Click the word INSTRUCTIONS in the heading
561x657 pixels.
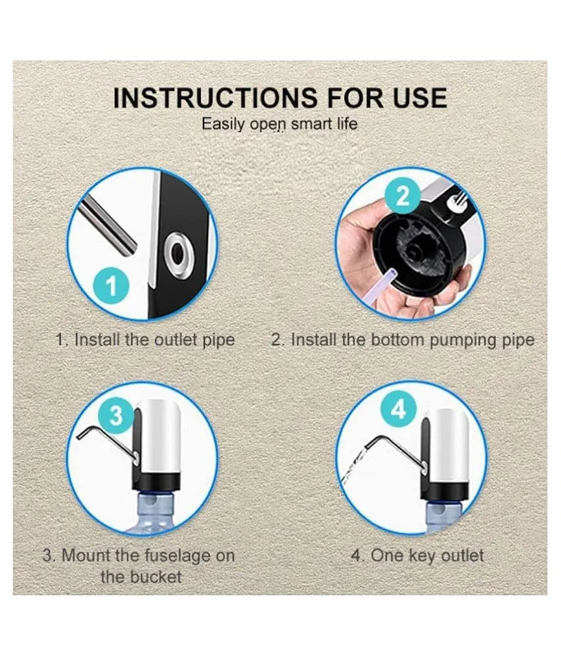[215, 98]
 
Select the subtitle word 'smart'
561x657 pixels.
[311, 124]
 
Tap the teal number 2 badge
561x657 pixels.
[402, 195]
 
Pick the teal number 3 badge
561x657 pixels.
[116, 415]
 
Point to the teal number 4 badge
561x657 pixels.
[399, 409]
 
